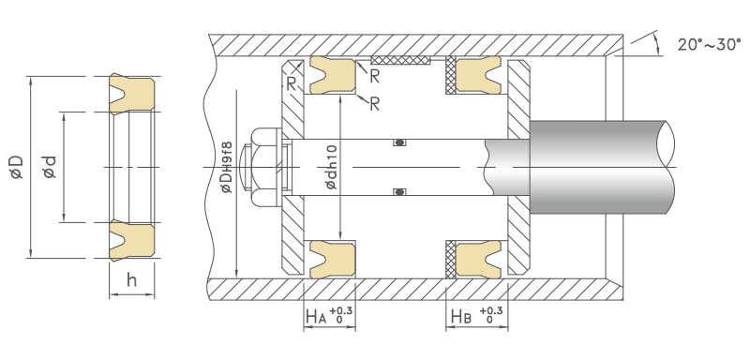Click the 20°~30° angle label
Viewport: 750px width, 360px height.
click(x=710, y=45)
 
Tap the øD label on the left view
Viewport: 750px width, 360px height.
click(x=17, y=167)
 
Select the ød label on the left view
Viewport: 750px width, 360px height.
click(x=50, y=167)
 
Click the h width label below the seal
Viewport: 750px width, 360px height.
click(x=132, y=280)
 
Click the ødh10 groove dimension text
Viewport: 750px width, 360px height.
click(x=331, y=167)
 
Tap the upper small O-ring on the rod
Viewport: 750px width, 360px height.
click(x=400, y=142)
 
